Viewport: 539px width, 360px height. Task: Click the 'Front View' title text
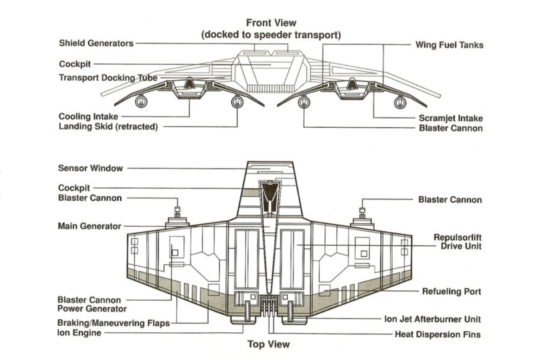click(271, 23)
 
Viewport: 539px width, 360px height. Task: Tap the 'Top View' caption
click(268, 344)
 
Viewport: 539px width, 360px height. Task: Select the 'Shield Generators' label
click(96, 43)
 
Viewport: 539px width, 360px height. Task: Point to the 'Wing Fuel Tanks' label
click(449, 45)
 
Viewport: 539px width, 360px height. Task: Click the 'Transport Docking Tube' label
click(108, 78)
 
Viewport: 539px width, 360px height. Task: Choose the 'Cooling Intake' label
click(88, 117)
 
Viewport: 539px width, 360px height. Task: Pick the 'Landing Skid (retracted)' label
click(108, 126)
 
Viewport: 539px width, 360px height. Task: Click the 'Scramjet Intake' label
click(451, 118)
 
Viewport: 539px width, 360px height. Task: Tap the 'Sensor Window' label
click(90, 168)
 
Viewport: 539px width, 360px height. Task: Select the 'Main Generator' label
click(89, 226)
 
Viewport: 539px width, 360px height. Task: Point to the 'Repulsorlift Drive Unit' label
click(458, 242)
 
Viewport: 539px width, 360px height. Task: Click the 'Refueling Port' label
click(452, 292)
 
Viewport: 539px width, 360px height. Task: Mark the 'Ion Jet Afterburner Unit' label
click(433, 319)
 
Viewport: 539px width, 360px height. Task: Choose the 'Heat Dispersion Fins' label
click(438, 335)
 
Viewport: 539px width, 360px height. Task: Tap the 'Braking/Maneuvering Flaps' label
click(113, 323)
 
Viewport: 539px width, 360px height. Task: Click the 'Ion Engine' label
click(80, 333)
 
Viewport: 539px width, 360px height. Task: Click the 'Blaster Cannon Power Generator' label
click(92, 304)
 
